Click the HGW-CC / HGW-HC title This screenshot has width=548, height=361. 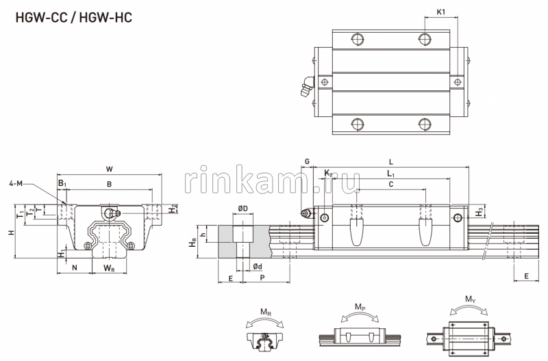(x=68, y=16)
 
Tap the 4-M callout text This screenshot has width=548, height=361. (x=16, y=183)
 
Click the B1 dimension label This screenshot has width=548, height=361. (x=62, y=184)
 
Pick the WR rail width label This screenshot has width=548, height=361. (x=109, y=268)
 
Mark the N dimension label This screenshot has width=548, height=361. (x=75, y=268)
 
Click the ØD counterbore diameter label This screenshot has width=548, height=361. (x=242, y=208)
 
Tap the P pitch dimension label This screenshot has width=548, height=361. (x=263, y=279)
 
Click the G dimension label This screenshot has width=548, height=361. (x=308, y=161)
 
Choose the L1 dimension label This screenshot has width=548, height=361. (x=390, y=175)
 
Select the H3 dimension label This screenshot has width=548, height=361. (x=477, y=213)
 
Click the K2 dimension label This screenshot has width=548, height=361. (x=329, y=174)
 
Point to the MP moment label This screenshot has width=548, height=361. (x=360, y=307)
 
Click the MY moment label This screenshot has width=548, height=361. (x=469, y=299)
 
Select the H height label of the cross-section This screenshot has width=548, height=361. (x=10, y=232)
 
